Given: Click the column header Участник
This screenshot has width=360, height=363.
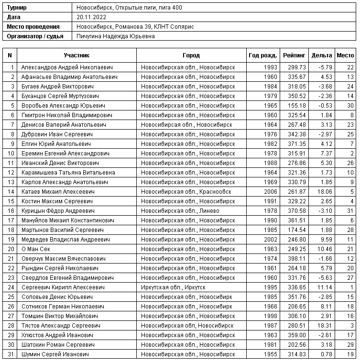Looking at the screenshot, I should coord(76,55).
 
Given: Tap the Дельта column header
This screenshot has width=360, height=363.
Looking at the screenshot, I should coord(321,55).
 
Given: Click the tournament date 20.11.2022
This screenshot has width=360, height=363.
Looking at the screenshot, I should coord(91,17).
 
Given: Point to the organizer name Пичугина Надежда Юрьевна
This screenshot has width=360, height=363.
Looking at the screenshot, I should coord(115,36).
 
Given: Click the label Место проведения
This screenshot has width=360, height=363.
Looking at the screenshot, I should coord(33,27).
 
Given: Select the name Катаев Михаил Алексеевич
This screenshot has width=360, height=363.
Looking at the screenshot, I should coord(58,191).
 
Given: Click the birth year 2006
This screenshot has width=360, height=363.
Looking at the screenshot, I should coord(270,191).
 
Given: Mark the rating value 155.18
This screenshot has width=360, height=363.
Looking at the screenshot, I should coord(297,105).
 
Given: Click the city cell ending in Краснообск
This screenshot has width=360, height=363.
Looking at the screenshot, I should coord(186,191).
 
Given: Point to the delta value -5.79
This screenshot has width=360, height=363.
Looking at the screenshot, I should coord(325,67).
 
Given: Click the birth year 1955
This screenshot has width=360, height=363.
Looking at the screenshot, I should coord(270,354).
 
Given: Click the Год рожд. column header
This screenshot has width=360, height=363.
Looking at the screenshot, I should coord(262,55).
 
